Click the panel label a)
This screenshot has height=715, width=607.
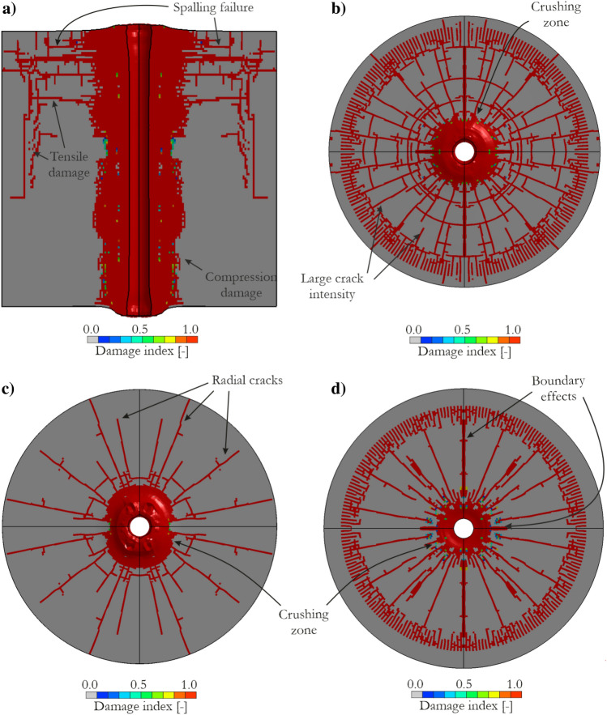tap(9, 9)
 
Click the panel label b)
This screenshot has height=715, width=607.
tap(338, 9)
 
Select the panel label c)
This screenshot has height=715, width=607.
tap(8, 389)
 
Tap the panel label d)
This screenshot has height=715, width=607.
tap(338, 389)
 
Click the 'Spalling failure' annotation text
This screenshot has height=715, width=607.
tap(213, 8)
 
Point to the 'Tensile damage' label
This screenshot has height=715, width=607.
tap(69, 164)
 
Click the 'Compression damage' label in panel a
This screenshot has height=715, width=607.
tap(241, 284)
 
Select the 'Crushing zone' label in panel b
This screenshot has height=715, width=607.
tap(556, 14)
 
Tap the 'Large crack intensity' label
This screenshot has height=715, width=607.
tap(331, 286)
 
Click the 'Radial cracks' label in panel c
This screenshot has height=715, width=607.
tap(247, 381)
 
